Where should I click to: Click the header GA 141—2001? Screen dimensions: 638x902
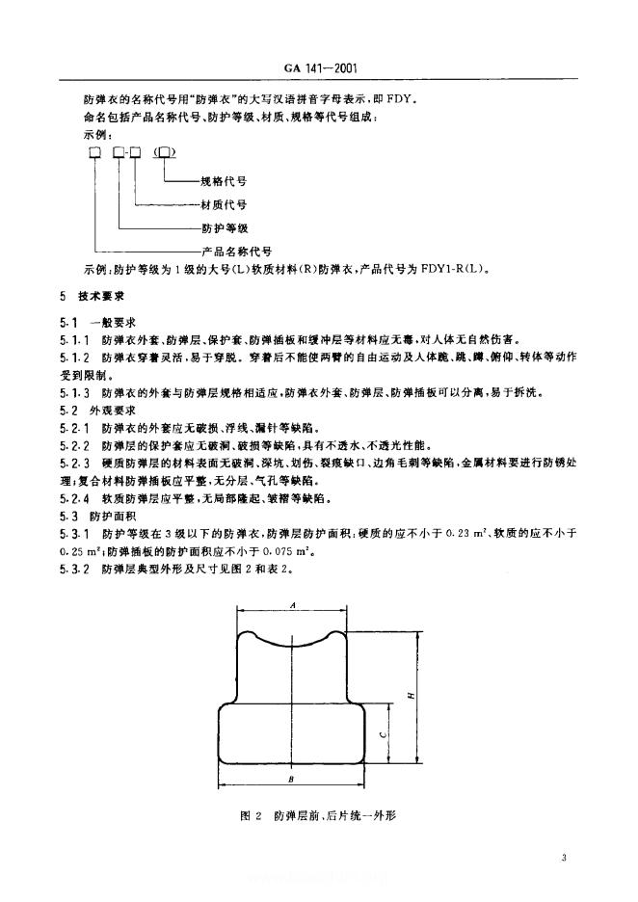[320, 69]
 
